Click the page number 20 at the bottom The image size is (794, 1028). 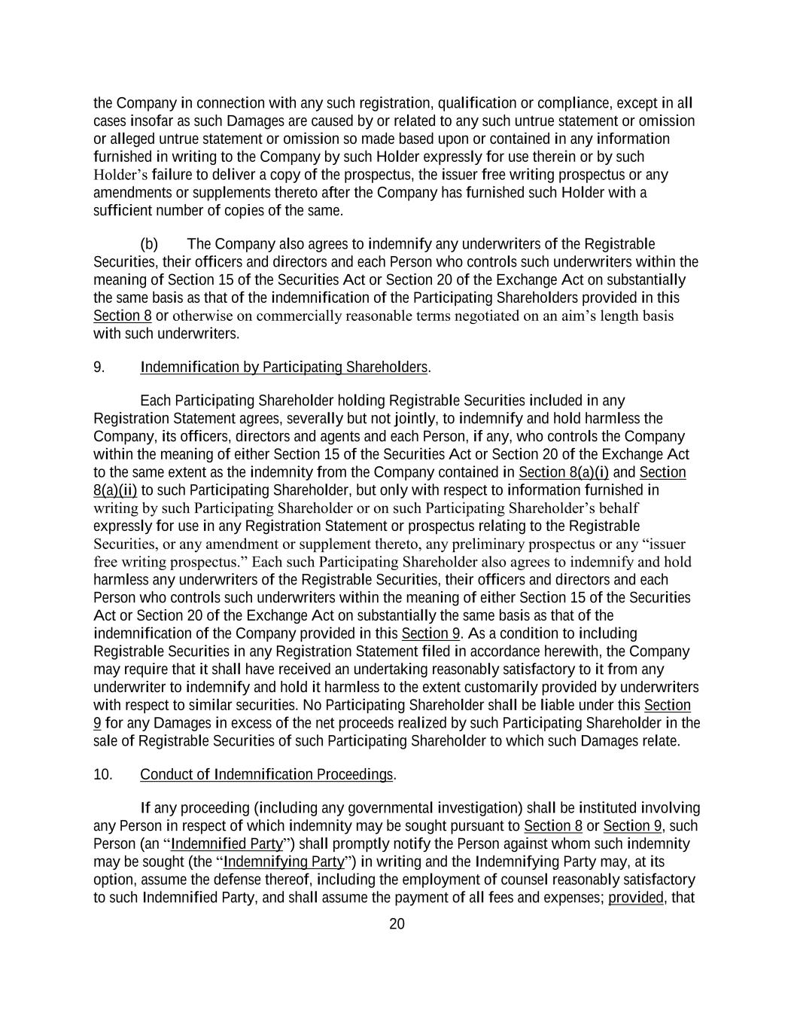coord(397,924)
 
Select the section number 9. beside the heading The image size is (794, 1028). coord(99,367)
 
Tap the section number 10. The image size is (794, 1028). coord(102,774)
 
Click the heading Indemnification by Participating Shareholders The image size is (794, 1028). coord(284,367)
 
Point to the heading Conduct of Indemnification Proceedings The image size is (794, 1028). coord(266,774)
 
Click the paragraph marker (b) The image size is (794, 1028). coord(148,244)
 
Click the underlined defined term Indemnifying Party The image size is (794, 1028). coord(283,862)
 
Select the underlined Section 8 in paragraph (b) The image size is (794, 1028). coord(122,316)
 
